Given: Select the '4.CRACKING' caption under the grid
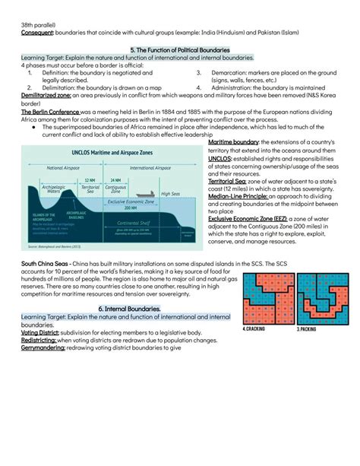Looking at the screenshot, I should (257, 330).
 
